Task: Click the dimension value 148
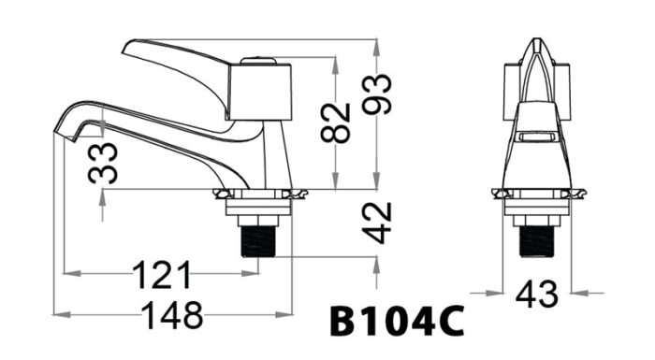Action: click(172, 316)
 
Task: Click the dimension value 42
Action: click(378, 223)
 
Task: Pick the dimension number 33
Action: click(106, 163)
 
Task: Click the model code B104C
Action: click(397, 321)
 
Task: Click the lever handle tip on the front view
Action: click(534, 45)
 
